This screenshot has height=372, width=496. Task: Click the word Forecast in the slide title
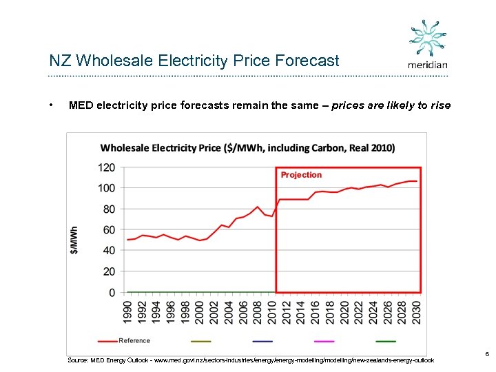(307, 61)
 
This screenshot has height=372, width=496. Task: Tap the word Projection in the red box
(301, 175)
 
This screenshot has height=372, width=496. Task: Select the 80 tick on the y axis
(108, 209)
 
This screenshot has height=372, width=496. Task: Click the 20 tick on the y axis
(108, 271)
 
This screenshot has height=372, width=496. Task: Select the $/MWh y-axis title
(74, 239)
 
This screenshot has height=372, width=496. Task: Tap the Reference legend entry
(134, 341)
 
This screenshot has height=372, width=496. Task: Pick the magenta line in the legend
(324, 341)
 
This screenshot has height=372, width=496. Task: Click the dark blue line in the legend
(262, 341)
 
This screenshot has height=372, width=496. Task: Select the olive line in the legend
(200, 341)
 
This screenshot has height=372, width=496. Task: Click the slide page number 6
(487, 354)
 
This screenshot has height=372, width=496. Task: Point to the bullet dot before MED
(52, 105)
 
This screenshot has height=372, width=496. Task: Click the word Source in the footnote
(78, 360)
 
